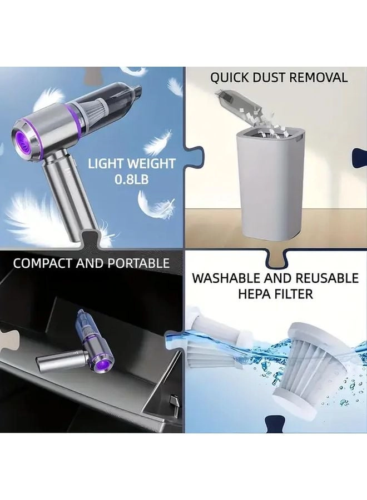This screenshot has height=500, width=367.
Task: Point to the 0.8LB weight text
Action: click(x=132, y=179)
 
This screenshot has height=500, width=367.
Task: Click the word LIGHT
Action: click(x=106, y=164)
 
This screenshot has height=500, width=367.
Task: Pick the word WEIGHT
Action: click(x=152, y=164)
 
